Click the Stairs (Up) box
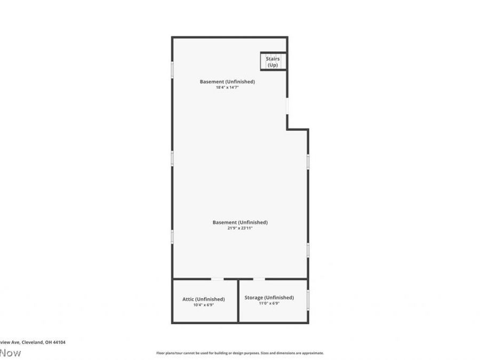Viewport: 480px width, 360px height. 273,61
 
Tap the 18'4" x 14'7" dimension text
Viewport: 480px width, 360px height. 227,87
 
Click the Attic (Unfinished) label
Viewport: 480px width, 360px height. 203,299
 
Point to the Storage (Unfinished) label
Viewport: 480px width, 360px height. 269,298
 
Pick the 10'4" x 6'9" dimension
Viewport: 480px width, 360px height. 203,305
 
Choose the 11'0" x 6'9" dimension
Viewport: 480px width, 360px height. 269,303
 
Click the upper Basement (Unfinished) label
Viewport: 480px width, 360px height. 227,82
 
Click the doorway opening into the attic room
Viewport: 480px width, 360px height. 217,279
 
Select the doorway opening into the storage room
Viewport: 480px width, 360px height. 259,279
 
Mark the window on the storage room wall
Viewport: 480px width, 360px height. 308,300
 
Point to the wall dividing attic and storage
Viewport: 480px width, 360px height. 238,301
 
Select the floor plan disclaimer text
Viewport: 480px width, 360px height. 239,353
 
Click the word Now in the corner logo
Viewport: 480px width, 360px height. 11,353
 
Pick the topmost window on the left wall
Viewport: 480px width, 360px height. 172,69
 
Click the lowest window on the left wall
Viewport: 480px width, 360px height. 172,237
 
